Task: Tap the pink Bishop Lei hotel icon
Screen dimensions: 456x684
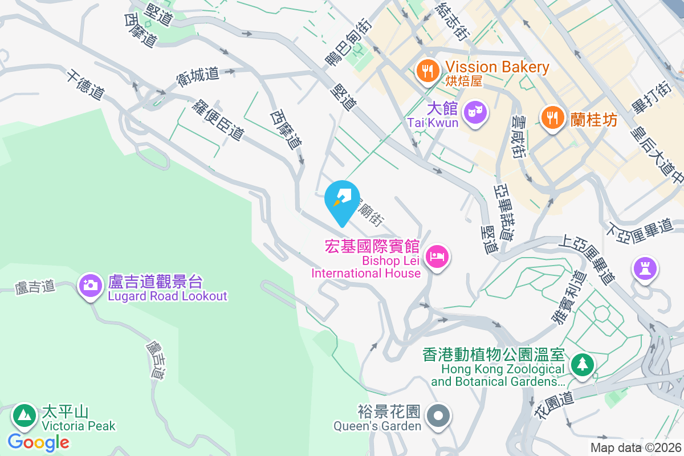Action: tap(437, 256)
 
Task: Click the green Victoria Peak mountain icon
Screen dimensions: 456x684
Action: tap(24, 416)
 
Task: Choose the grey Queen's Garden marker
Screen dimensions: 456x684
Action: tap(439, 416)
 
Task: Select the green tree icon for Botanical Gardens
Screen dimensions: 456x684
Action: tap(582, 364)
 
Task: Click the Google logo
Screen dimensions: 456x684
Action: tap(38, 442)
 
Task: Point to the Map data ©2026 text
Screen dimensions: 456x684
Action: tap(636, 447)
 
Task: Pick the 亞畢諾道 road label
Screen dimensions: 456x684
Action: tap(504, 211)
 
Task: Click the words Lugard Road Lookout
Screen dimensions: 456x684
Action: tap(168, 296)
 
